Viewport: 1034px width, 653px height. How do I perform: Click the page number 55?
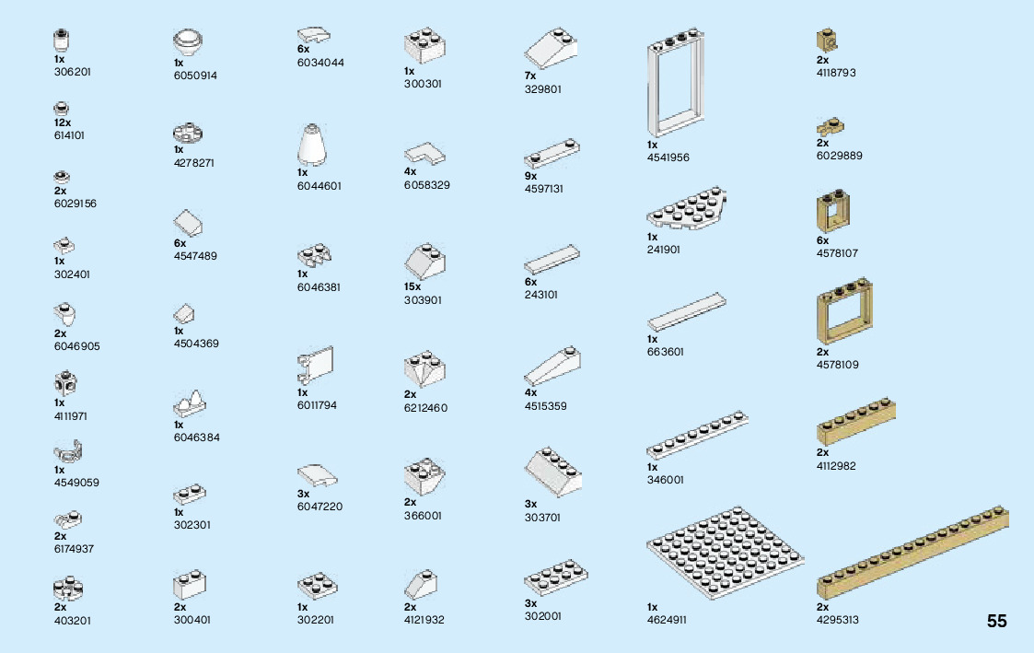pyautogui.click(x=996, y=621)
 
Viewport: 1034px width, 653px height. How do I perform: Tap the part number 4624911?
pyautogui.click(x=667, y=620)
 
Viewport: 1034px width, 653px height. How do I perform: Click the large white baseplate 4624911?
pyautogui.click(x=725, y=553)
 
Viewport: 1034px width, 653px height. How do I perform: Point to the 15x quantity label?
pyautogui.click(x=412, y=286)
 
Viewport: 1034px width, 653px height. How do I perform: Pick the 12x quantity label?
pyautogui.click(x=63, y=122)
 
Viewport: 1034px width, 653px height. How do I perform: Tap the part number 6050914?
pyautogui.click(x=195, y=76)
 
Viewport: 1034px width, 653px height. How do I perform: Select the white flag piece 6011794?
pyautogui.click(x=315, y=367)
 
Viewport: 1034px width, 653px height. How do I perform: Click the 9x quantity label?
pyautogui.click(x=530, y=176)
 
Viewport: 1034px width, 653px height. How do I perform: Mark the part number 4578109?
pyautogui.click(x=837, y=365)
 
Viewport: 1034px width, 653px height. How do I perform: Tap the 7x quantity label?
pyautogui.click(x=530, y=76)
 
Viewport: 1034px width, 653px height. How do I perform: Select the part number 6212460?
pyautogui.click(x=425, y=407)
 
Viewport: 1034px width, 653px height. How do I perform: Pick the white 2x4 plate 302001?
pyautogui.click(x=556, y=579)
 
